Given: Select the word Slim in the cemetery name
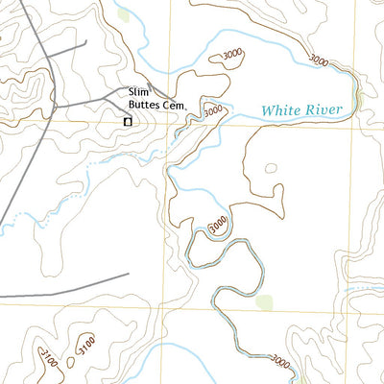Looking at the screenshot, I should tap(139, 92).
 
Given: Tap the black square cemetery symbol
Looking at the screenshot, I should tap(127, 121).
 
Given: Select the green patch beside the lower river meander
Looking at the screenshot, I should tap(265, 303).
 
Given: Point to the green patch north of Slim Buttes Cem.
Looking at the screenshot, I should tap(122, 15).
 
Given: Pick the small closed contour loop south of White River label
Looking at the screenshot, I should tap(272, 169).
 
